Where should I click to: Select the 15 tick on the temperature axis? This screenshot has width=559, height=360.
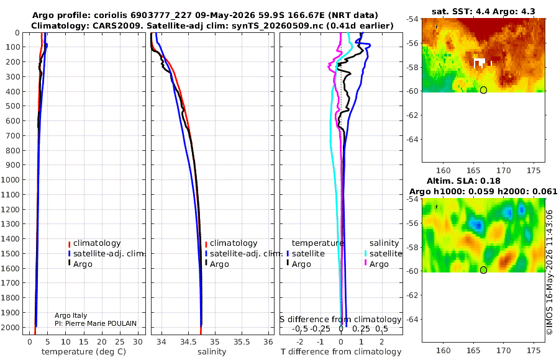[83, 342]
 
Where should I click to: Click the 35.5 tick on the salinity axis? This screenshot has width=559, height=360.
[242, 342]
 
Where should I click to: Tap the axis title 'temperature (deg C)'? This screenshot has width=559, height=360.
[84, 352]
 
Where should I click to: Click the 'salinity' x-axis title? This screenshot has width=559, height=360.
[212, 352]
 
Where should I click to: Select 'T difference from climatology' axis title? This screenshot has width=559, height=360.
[341, 352]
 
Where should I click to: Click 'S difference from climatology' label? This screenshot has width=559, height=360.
[341, 320]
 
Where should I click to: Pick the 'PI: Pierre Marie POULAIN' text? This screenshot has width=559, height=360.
[96, 323]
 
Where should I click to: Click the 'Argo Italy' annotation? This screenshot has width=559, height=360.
[71, 315]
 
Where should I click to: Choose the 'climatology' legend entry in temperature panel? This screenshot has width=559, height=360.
[97, 243]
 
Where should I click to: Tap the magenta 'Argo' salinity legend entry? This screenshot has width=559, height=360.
[379, 264]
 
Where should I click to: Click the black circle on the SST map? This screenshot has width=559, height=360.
[483, 90]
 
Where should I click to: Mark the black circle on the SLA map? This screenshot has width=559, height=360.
[483, 270]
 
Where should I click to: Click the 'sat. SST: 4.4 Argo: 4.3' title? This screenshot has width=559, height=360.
[483, 11]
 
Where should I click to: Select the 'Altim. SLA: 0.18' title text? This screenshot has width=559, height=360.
[463, 181]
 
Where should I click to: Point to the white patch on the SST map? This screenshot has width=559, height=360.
[480, 63]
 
